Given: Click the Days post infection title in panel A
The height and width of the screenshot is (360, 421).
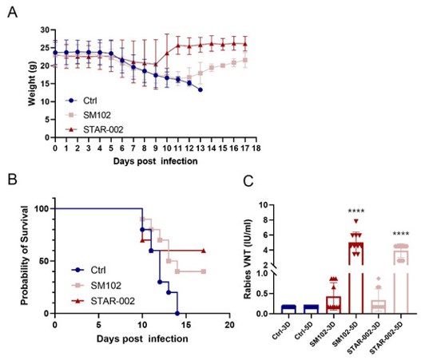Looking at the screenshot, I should click(155, 160).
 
